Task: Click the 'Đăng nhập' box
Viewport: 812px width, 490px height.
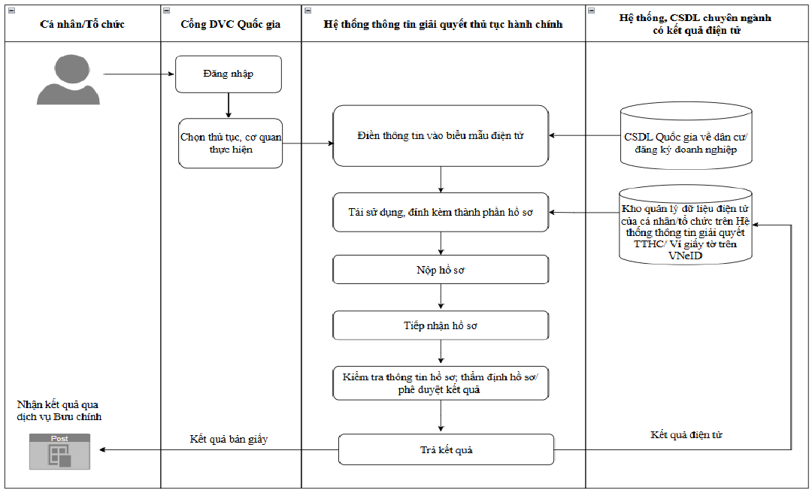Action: click(x=229, y=74)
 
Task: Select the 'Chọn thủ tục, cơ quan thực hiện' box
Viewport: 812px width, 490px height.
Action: click(x=231, y=144)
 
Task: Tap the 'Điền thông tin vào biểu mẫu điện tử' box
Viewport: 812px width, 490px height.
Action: click(x=441, y=135)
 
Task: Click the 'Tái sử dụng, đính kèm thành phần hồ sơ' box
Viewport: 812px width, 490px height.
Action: click(x=441, y=212)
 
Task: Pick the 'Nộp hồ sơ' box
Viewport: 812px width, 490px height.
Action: click(x=441, y=270)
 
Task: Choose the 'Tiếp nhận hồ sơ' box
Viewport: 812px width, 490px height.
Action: click(x=441, y=325)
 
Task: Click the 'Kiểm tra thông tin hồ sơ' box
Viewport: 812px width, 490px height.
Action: click(x=441, y=383)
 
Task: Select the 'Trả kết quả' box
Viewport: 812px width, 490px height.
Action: click(x=446, y=449)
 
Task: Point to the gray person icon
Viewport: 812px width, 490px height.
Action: click(x=68, y=80)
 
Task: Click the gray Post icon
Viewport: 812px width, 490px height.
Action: click(x=59, y=452)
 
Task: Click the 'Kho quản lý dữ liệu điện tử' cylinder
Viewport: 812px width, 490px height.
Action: click(x=686, y=225)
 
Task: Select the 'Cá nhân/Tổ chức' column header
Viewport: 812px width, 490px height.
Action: click(x=83, y=24)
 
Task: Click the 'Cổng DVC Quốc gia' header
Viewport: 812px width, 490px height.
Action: click(x=231, y=24)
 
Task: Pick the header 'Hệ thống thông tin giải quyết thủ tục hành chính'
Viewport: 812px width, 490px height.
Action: click(x=444, y=24)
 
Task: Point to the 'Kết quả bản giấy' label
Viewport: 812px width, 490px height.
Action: click(x=229, y=440)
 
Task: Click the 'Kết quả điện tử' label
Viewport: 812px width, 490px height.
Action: click(x=686, y=434)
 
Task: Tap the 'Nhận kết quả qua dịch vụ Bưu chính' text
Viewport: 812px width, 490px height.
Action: click(x=59, y=410)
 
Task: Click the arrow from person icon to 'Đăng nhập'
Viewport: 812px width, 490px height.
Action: click(x=139, y=74)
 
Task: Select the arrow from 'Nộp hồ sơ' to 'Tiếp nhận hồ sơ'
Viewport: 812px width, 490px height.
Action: click(x=441, y=298)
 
